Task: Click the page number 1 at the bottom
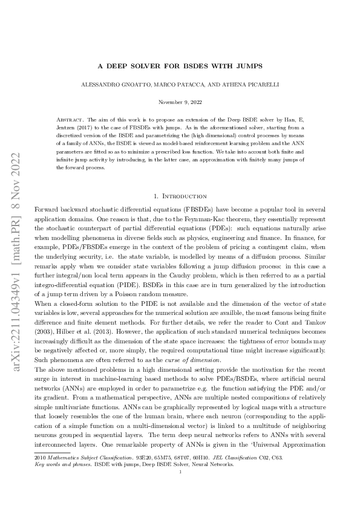click(180, 490)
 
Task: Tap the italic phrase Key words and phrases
click(59, 482)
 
